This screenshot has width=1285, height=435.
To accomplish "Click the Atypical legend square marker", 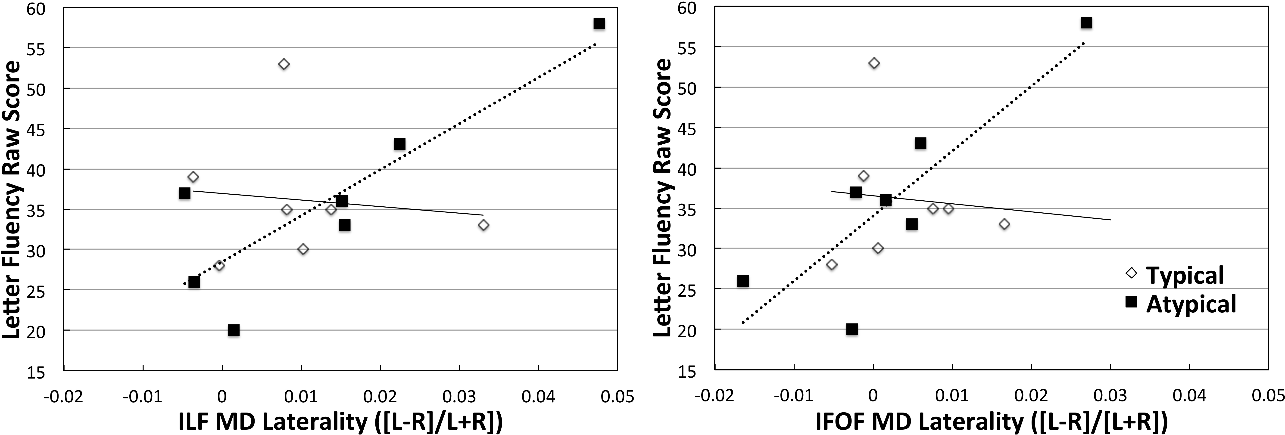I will click(1131, 301).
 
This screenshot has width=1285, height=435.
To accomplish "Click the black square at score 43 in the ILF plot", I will click(399, 144).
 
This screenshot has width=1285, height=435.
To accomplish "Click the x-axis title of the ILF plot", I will click(341, 422).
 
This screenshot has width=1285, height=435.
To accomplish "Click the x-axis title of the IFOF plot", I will click(992, 422).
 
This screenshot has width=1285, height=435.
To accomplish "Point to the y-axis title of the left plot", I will click(12, 199).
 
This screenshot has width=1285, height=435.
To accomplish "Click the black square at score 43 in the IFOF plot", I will click(920, 143).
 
